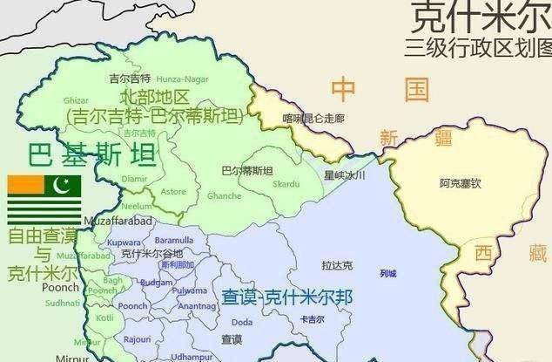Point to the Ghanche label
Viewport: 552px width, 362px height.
click(224, 195)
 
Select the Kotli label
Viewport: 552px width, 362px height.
click(105, 318)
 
